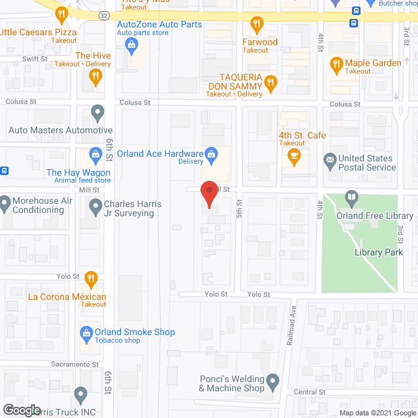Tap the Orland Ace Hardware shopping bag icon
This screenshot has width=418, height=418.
pyautogui.click(x=211, y=153)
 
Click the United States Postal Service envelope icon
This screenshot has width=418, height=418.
pyautogui.click(x=330, y=159)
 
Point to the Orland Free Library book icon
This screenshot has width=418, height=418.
pyautogui.click(x=352, y=197)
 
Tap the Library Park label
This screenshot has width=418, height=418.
pyautogui.click(x=379, y=252)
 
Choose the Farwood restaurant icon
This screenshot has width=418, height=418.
pyautogui.click(x=257, y=25)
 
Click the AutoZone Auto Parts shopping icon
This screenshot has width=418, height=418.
pyautogui.click(x=131, y=44)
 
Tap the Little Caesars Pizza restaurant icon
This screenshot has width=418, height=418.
pyautogui.click(x=61, y=13)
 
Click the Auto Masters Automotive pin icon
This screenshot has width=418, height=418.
pyautogui.click(x=97, y=113)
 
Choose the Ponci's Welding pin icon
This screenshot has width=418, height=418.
pyautogui.click(x=273, y=380)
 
